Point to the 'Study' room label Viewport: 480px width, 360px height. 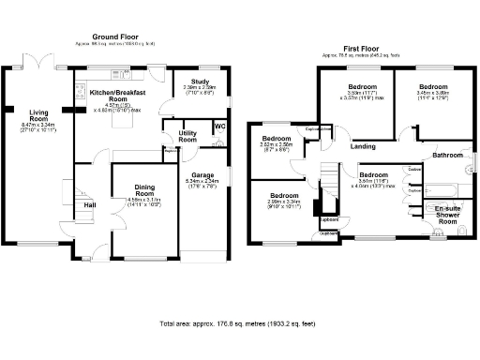199,82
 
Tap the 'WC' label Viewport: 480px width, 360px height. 219,127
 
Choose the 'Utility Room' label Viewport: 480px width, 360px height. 187,137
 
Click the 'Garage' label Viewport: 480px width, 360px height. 203,174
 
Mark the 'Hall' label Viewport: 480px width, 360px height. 90,204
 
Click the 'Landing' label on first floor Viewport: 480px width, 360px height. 363,146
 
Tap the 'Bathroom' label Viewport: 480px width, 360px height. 448,155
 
